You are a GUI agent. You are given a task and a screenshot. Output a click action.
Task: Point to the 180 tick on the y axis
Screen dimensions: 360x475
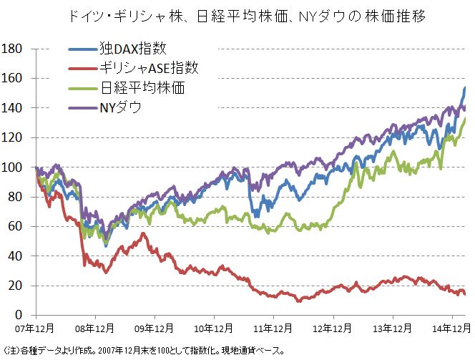pyautogui.click(x=13, y=49)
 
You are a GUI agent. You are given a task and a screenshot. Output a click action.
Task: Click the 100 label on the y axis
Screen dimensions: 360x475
pyautogui.click(x=13, y=167)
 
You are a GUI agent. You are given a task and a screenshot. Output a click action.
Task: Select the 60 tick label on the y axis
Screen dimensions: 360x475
pyautogui.click(x=16, y=227)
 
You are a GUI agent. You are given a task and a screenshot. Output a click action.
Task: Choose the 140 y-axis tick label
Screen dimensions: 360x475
pyautogui.click(x=13, y=108)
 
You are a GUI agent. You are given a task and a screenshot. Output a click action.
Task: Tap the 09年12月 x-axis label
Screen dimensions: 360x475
pyautogui.click(x=155, y=329)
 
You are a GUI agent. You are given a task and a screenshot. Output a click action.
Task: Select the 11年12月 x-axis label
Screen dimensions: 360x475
pyautogui.click(x=274, y=329)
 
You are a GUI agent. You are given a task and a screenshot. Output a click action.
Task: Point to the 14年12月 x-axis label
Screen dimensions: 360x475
pyautogui.click(x=452, y=329)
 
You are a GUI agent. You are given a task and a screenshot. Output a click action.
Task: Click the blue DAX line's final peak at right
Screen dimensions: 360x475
pyautogui.click(x=465, y=88)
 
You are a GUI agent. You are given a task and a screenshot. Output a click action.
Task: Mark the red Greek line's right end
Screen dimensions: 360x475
pyautogui.click(x=465, y=293)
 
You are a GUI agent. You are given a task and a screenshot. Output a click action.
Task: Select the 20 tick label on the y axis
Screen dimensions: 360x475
pyautogui.click(x=16, y=286)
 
